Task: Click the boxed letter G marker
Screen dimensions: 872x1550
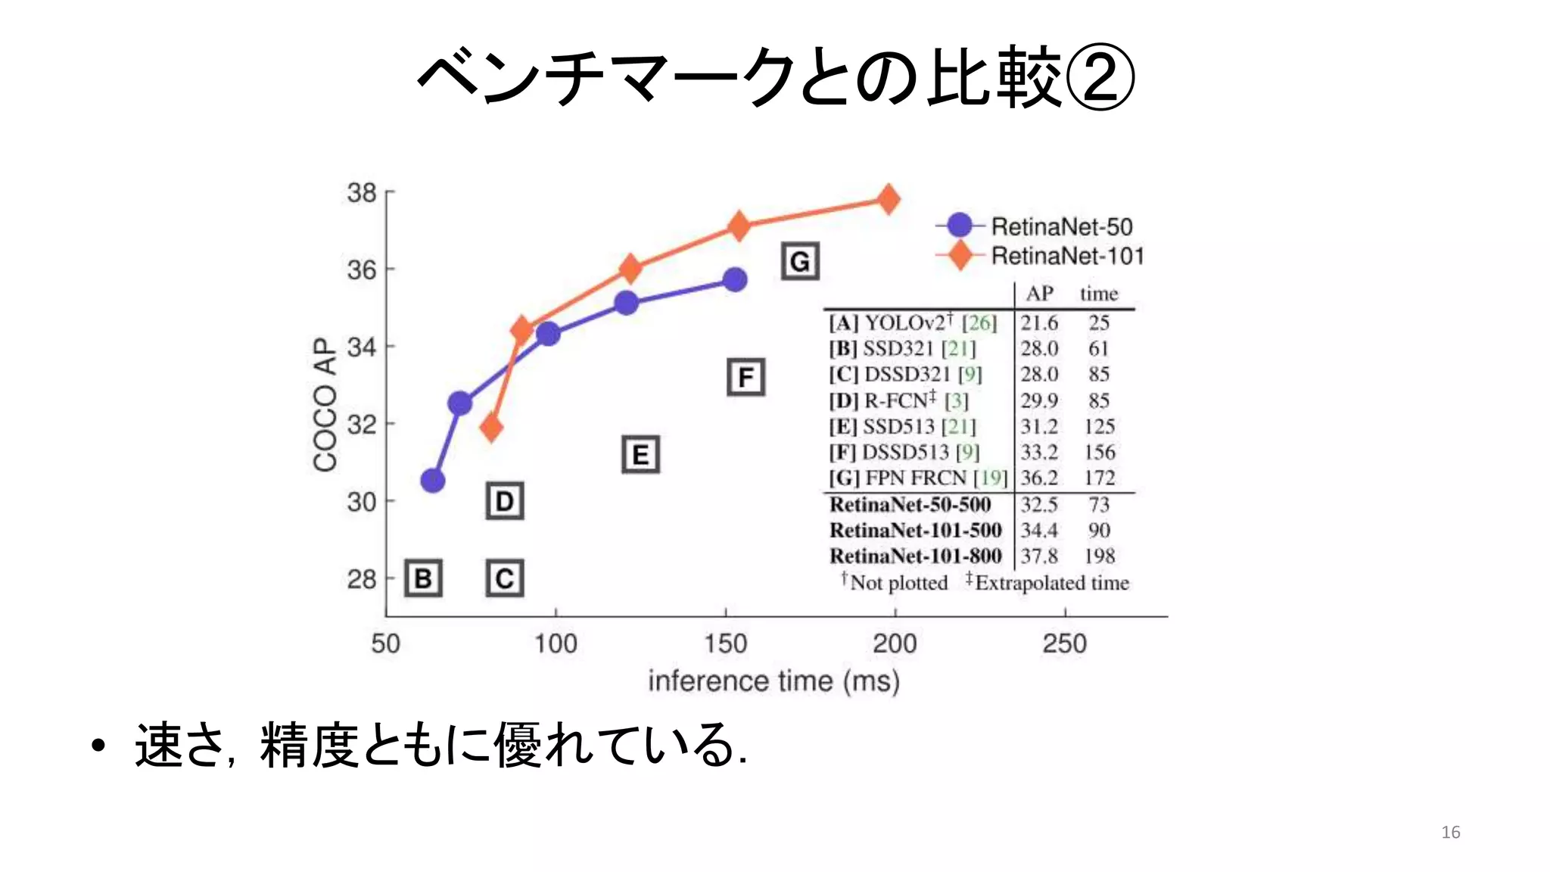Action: click(x=800, y=262)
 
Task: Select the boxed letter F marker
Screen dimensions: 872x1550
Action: click(x=745, y=377)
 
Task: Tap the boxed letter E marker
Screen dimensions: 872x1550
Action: click(x=640, y=455)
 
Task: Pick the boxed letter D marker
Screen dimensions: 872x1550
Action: click(x=504, y=501)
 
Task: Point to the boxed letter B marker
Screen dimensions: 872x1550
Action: click(x=423, y=579)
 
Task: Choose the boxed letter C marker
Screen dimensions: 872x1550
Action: click(x=504, y=579)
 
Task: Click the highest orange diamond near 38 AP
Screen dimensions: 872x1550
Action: click(x=889, y=200)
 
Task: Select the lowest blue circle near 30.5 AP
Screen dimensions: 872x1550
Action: click(x=432, y=480)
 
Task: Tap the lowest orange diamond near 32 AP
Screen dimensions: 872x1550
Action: click(x=491, y=428)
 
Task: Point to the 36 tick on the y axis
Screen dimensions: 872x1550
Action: click(x=362, y=269)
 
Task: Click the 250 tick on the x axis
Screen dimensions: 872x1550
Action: click(x=1064, y=643)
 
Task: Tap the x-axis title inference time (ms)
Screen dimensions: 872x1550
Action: click(x=773, y=681)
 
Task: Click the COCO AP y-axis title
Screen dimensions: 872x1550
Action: click(x=325, y=405)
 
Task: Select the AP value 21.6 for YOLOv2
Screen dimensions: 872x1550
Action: click(x=1039, y=323)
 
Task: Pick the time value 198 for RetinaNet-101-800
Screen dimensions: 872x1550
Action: click(x=1099, y=556)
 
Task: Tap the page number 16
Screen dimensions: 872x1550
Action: click(x=1450, y=832)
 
